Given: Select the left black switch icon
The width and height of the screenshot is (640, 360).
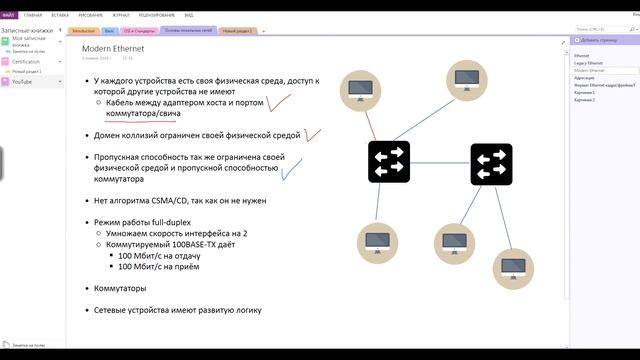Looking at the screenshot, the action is click(x=388, y=161).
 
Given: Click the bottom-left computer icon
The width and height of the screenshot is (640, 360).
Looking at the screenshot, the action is click(x=377, y=242).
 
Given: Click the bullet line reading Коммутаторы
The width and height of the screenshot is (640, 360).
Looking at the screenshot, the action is click(x=119, y=288).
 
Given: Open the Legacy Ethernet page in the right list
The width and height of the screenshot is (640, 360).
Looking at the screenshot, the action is click(x=589, y=63).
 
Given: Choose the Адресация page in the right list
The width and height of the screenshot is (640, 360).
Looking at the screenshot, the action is click(x=584, y=77).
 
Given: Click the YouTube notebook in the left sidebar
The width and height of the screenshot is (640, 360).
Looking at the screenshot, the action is click(x=22, y=81).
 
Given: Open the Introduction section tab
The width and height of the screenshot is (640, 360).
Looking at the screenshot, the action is click(x=84, y=31).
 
